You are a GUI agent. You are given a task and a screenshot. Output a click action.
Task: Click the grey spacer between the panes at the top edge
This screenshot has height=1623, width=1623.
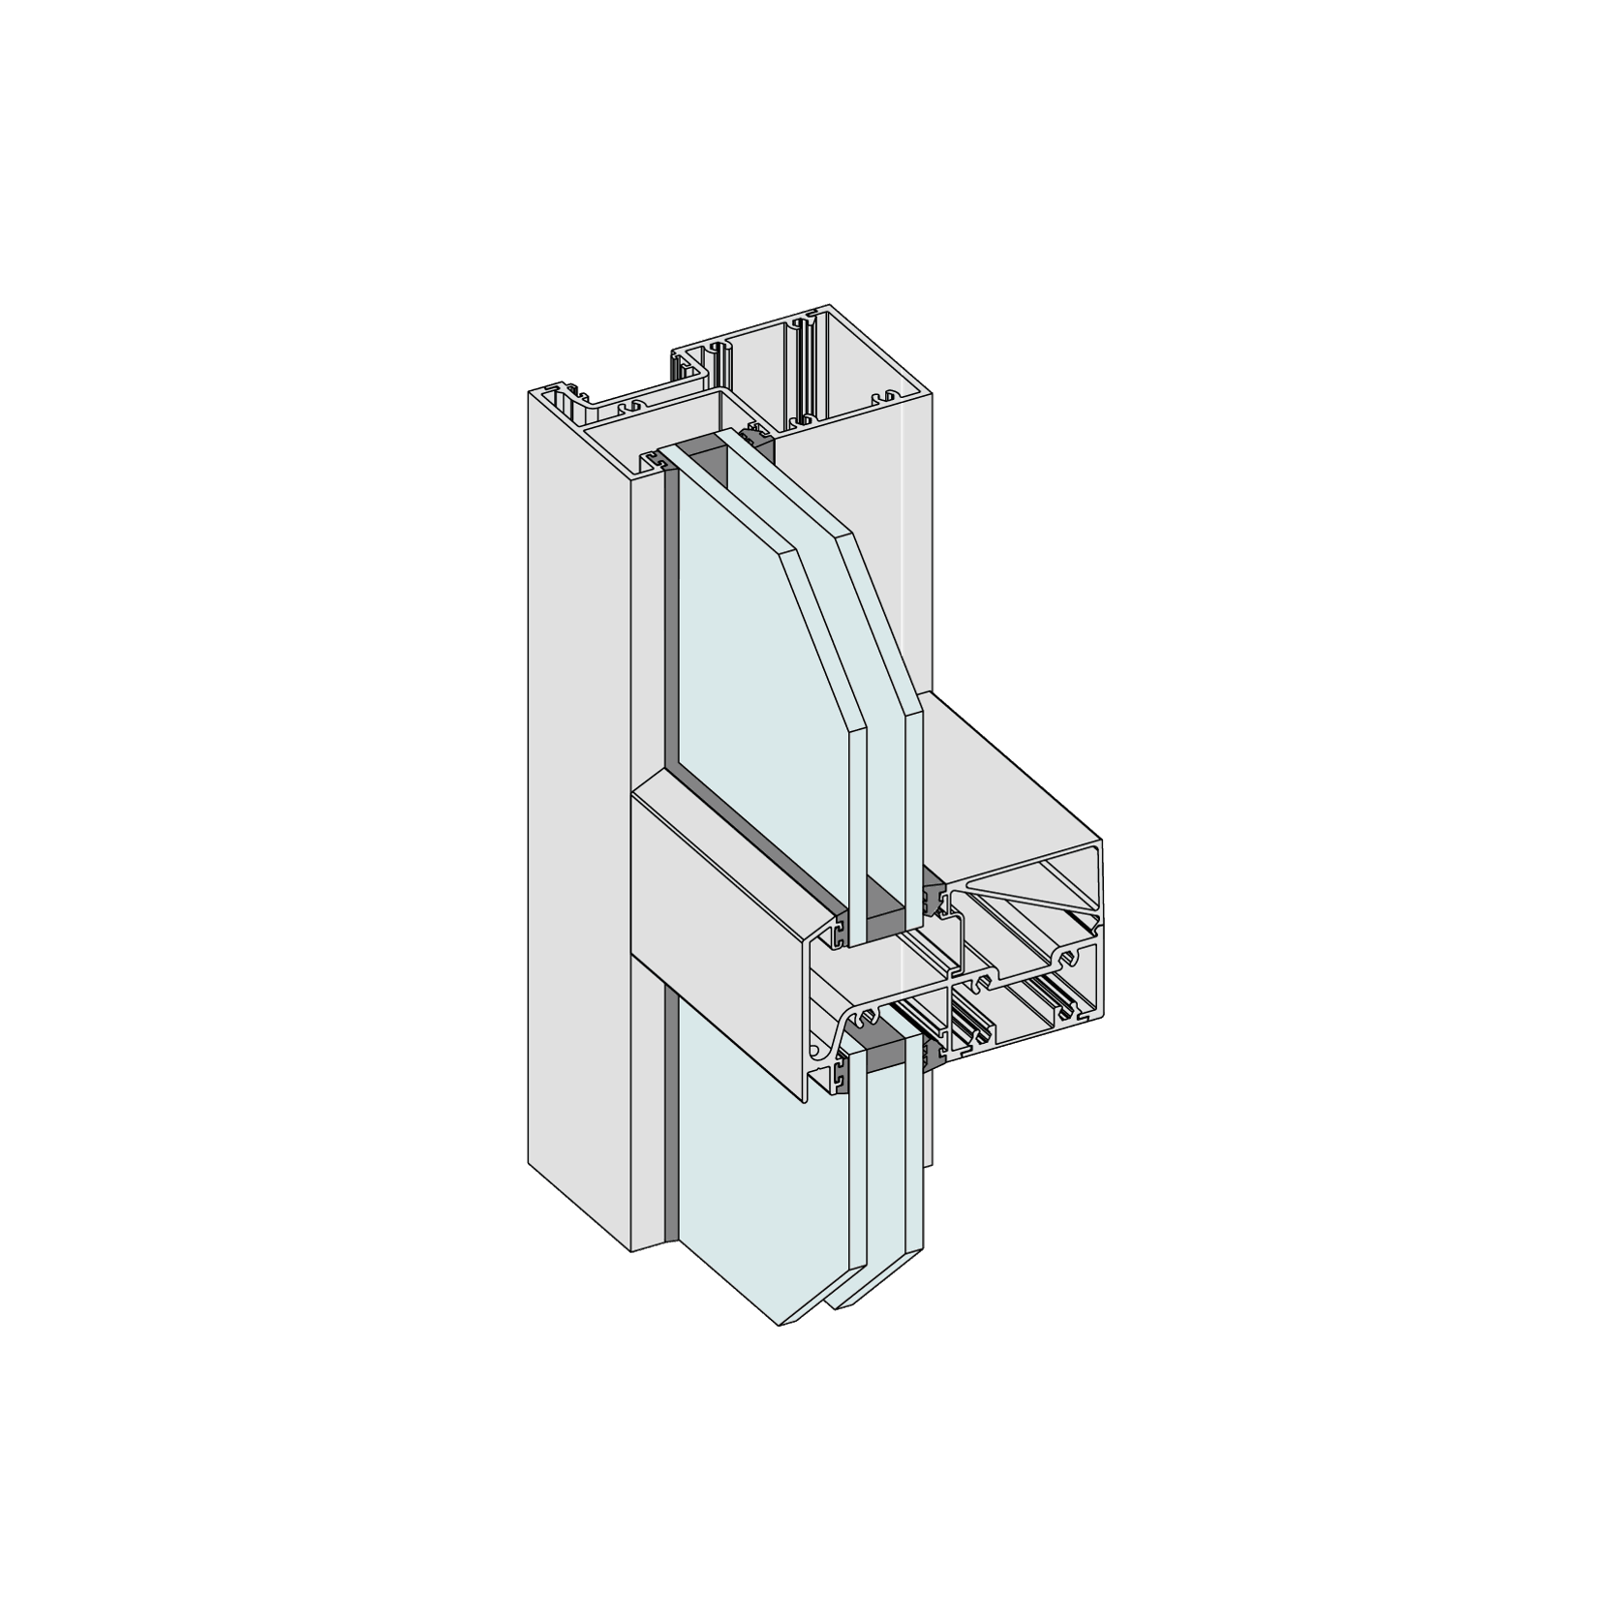coord(701,446)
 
